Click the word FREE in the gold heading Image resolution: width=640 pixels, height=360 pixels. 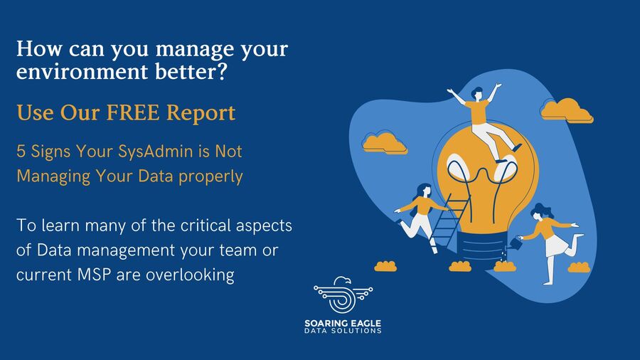[x=133, y=112]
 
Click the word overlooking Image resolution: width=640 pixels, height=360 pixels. [x=190, y=275]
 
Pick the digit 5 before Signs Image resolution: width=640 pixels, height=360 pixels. [x=21, y=152]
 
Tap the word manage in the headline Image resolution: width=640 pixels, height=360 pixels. [x=195, y=50]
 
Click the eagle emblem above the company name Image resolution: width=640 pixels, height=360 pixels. [x=343, y=295]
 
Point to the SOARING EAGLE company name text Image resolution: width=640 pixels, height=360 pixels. [x=343, y=323]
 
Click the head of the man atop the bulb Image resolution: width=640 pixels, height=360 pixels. [x=476, y=93]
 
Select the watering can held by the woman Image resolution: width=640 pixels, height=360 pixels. [x=516, y=243]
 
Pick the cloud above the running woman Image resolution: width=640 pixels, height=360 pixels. [x=385, y=142]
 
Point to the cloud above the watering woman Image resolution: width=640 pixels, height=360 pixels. [x=567, y=110]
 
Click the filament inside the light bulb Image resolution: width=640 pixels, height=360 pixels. [x=482, y=179]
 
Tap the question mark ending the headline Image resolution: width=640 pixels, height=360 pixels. [x=222, y=70]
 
